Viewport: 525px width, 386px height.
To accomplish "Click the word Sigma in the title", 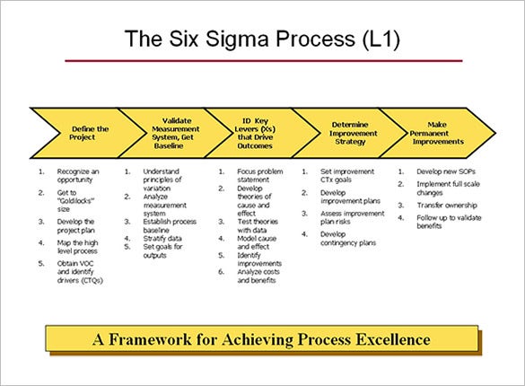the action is click(237, 39).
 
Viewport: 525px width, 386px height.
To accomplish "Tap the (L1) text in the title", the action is click(381, 39).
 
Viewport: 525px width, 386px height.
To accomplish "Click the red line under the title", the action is click(264, 61).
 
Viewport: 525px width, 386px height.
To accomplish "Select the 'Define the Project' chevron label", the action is click(89, 133).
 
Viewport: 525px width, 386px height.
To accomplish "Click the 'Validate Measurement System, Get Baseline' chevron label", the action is click(175, 133).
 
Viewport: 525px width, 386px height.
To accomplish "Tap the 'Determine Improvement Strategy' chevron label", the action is click(353, 133).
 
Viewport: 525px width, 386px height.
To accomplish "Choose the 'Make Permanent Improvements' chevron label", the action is click(437, 133).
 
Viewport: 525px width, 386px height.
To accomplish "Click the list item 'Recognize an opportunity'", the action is click(78, 175).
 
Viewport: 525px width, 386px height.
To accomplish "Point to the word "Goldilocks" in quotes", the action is click(75, 201).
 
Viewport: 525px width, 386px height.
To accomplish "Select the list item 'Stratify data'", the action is click(162, 239).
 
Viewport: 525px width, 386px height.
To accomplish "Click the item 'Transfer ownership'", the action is click(447, 205).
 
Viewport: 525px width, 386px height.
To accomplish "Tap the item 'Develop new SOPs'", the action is click(446, 171).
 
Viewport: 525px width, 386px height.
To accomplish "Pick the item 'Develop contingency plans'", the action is click(348, 239).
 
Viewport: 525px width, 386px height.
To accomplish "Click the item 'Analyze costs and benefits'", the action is click(258, 276).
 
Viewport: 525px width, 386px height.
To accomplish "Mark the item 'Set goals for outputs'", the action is click(162, 251).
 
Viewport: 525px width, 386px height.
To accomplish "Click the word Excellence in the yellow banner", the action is click(393, 339).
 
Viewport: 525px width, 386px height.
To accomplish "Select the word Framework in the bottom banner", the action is click(151, 339).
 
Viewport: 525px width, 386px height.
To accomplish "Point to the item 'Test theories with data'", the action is click(258, 226).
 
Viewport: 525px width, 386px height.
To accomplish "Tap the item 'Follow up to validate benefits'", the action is click(449, 222).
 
